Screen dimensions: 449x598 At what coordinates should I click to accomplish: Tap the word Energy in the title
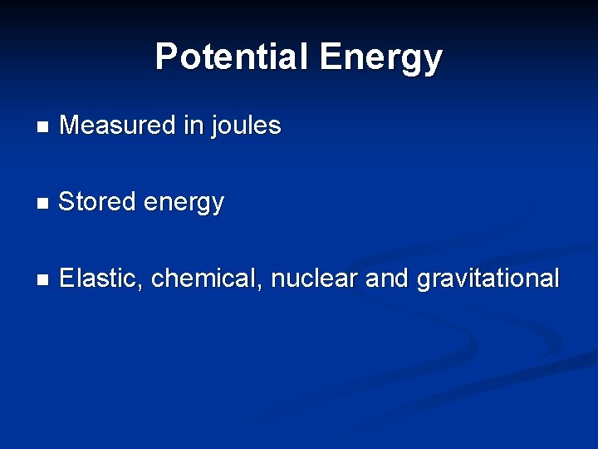tap(380, 58)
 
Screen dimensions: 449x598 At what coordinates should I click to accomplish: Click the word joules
tap(247, 126)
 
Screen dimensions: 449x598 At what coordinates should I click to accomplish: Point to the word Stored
tap(93, 201)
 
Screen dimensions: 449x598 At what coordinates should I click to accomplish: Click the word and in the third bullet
tap(387, 278)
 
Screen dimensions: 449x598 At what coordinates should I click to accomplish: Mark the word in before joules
tap(194, 126)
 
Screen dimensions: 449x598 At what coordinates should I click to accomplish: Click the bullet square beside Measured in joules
tap(43, 128)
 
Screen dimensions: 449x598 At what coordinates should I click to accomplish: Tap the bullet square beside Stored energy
tap(43, 204)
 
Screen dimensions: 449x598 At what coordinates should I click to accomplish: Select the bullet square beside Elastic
tap(43, 280)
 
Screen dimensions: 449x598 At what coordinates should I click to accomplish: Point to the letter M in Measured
tap(70, 126)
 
